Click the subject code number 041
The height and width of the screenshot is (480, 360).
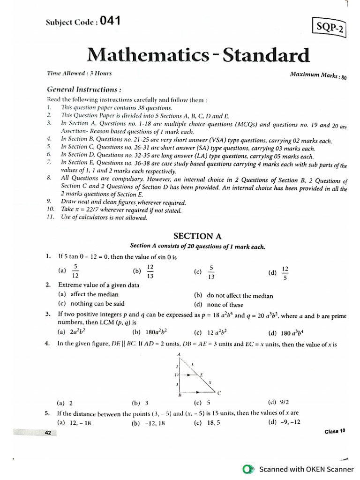pyautogui.click(x=110, y=21)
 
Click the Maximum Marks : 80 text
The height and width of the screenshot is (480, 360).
pyautogui.click(x=318, y=75)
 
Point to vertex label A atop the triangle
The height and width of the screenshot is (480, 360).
pyautogui.click(x=179, y=354)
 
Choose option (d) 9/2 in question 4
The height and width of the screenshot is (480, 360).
pyautogui.click(x=278, y=402)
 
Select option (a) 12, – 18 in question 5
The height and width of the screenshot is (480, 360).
pyautogui.click(x=75, y=422)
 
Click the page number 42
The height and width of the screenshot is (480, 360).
pyautogui.click(x=47, y=433)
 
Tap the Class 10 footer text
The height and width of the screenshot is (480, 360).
pyautogui.click(x=335, y=431)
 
